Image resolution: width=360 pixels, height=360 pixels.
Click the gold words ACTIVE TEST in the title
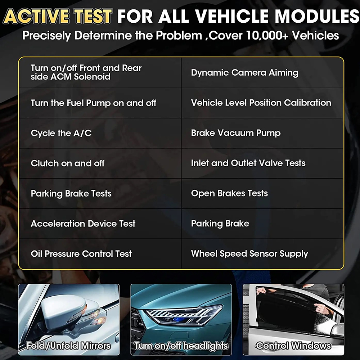58,16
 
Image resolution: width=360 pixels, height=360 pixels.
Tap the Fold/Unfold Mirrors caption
68,346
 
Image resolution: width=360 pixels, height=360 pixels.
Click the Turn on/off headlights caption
181,346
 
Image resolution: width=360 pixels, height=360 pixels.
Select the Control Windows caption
293,346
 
